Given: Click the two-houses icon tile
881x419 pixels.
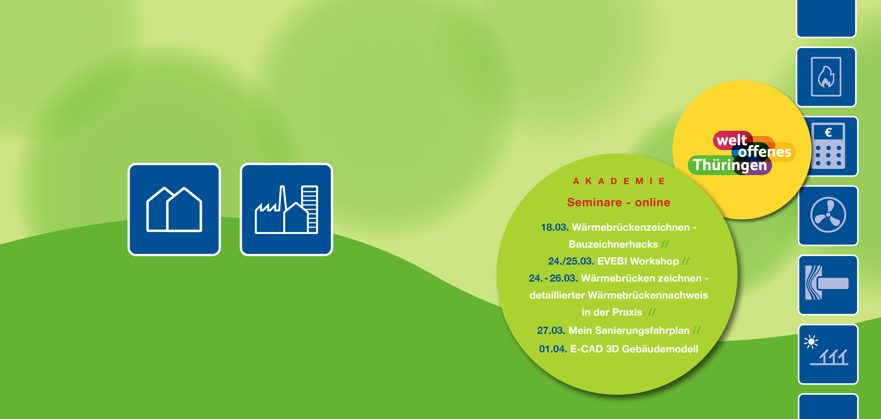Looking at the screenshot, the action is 174,209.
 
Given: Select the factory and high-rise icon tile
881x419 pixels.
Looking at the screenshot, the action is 286,209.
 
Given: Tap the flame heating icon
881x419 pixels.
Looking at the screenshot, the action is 826,77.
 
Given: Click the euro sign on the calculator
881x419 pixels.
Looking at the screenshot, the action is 828,133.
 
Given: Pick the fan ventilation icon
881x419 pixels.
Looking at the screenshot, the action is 828,215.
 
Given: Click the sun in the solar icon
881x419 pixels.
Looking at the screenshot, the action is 811,342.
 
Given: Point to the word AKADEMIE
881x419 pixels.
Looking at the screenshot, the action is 619,181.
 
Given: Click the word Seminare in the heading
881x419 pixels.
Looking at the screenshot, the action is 594,202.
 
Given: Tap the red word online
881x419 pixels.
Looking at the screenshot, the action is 653,202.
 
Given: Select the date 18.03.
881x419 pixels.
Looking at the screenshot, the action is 554,227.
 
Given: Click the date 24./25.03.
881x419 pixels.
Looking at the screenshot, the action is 571,261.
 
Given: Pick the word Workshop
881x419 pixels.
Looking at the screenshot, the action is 654,261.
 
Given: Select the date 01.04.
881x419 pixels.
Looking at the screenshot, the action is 553,349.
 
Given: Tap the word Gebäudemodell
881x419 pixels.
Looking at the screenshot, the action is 660,349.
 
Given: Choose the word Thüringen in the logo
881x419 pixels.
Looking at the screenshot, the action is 730,165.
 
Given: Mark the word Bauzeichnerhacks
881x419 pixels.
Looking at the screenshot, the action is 613,244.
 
